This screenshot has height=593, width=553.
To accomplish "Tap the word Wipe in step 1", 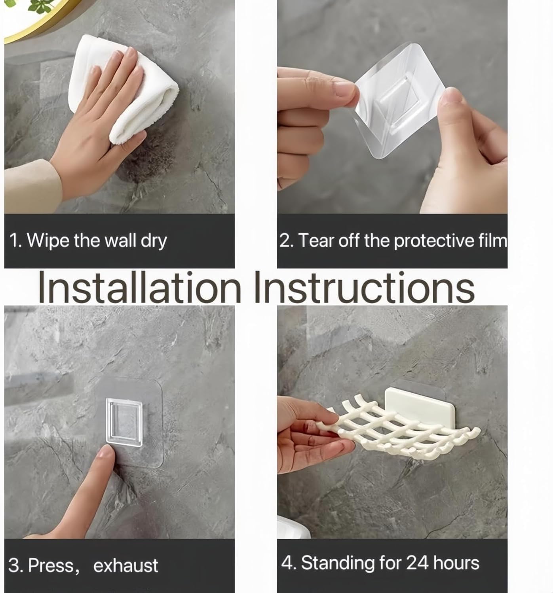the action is (48, 241).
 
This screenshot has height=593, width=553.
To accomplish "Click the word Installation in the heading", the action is (139, 287).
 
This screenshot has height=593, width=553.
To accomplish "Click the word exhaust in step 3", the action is (125, 565).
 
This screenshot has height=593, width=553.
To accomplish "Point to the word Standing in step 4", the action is (338, 563).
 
